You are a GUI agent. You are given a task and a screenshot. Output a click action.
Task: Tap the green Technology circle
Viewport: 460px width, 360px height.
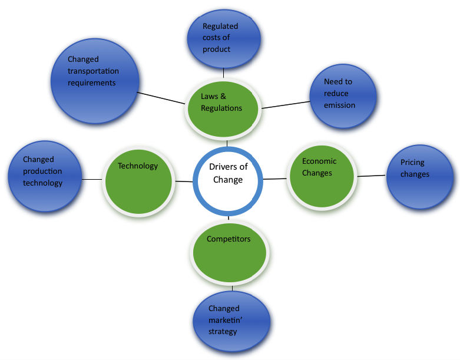pyautogui.click(x=139, y=180)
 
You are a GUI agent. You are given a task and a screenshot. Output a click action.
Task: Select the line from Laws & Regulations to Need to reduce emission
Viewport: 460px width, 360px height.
pyautogui.click(x=286, y=105)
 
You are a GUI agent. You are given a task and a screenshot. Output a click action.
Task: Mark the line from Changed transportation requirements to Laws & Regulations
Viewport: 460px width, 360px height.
pyautogui.click(x=161, y=98)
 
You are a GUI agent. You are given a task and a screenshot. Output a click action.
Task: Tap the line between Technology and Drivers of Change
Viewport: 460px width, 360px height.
pyautogui.click(x=184, y=181)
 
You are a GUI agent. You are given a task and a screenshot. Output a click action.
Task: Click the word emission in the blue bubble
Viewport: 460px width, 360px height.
pyautogui.click(x=339, y=105)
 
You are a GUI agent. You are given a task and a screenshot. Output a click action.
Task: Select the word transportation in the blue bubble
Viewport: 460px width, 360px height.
pyautogui.click(x=93, y=71)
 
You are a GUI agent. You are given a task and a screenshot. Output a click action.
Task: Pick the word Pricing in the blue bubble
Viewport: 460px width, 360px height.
pyautogui.click(x=412, y=163)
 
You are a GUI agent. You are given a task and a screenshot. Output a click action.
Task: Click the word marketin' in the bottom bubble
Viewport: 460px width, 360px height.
pyautogui.click(x=224, y=320)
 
